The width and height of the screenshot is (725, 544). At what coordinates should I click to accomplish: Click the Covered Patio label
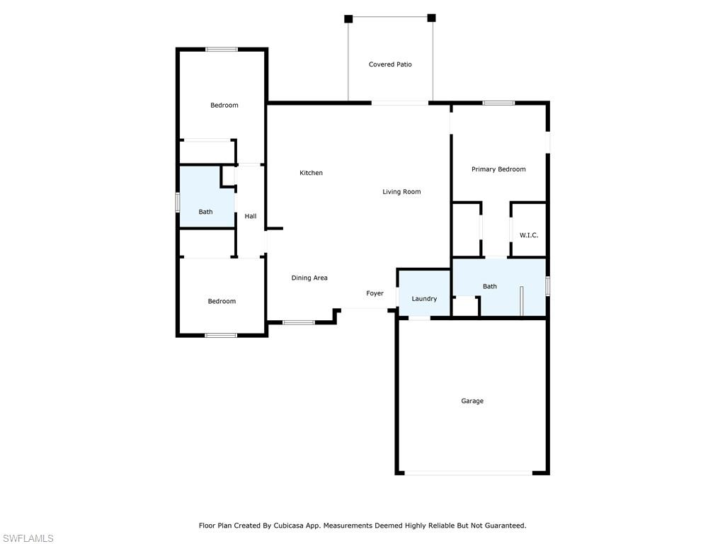[390, 64]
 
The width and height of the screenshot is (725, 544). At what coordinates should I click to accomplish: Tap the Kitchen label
[311, 173]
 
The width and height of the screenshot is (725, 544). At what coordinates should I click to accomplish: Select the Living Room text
[401, 192]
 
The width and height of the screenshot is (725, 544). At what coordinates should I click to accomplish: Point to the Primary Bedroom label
[498, 169]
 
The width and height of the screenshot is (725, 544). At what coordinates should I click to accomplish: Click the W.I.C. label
[529, 235]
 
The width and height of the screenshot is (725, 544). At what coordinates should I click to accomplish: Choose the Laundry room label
[424, 299]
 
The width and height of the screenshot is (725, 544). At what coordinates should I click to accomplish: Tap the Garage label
[472, 401]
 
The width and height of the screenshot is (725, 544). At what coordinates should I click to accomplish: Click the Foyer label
[375, 293]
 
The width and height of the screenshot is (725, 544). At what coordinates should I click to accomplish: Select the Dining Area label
[309, 278]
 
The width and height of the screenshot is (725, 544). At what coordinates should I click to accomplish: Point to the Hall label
[251, 216]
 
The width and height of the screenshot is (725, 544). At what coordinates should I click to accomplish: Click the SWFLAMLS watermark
[27, 538]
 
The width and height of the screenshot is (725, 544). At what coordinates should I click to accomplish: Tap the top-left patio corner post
[348, 18]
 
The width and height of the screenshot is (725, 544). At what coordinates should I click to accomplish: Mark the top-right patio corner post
[431, 18]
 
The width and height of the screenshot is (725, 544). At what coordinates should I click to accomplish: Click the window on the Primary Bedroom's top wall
[498, 103]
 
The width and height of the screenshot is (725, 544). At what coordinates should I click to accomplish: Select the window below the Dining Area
[298, 322]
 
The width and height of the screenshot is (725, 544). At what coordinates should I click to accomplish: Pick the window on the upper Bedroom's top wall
[222, 50]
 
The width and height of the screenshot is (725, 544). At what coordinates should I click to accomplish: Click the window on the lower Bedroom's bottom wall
[221, 335]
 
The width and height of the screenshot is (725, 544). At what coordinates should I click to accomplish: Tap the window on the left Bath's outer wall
[178, 202]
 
